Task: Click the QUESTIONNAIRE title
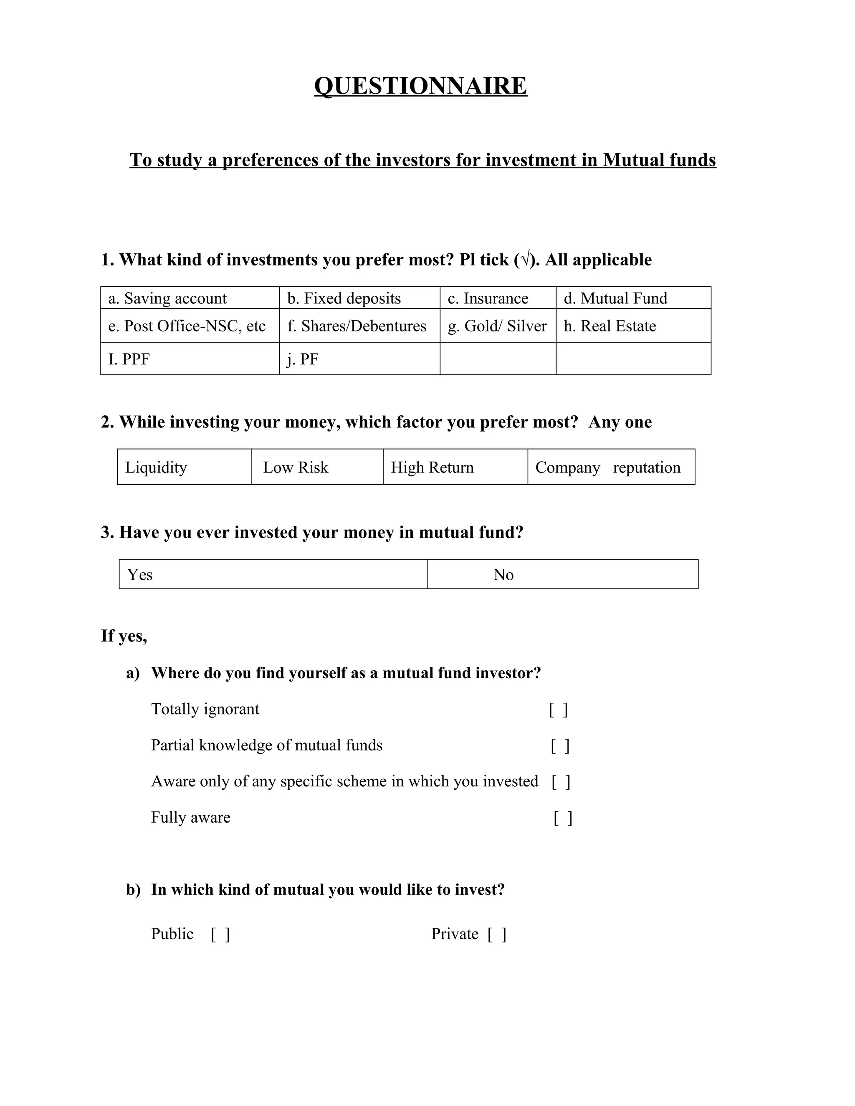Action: [420, 86]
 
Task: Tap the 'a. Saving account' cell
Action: [190, 298]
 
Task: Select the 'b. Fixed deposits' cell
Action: [359, 298]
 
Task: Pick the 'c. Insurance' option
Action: [498, 298]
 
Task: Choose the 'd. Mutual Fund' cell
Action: [633, 298]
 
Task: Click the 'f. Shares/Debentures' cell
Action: [359, 326]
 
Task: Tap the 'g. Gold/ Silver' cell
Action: [498, 326]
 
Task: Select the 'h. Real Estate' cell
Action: [633, 326]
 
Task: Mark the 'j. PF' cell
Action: [359, 359]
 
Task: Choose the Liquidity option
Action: [185, 467]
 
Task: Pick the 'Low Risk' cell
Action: [317, 467]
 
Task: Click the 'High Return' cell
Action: [455, 467]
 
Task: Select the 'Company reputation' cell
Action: [611, 467]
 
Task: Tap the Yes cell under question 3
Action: [273, 574]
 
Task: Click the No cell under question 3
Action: [562, 574]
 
